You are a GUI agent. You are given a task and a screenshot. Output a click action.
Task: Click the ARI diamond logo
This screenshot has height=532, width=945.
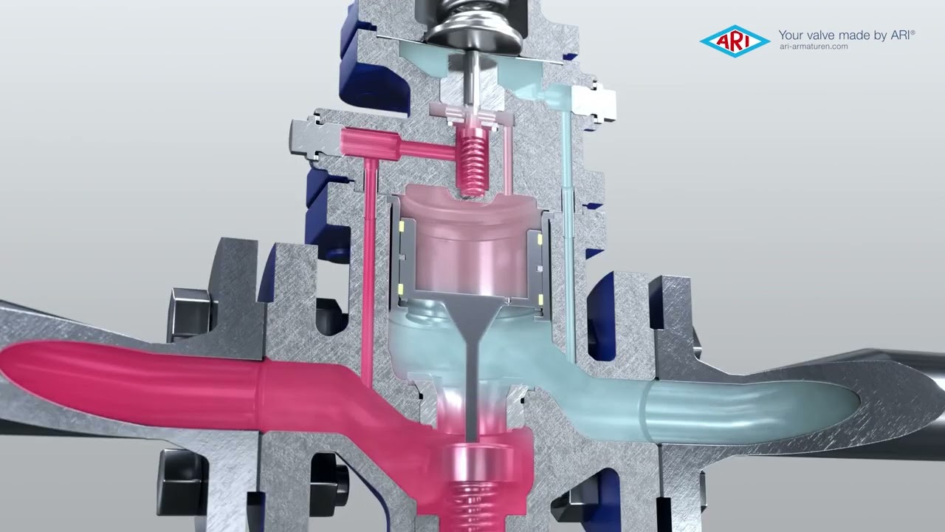point(735,41)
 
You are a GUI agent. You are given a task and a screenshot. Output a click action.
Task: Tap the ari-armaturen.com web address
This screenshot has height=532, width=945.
point(814,47)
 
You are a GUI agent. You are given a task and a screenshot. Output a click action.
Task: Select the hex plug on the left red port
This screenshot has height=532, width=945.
point(315,138)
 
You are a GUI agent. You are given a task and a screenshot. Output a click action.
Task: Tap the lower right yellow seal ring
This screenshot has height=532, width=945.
point(540,300)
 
